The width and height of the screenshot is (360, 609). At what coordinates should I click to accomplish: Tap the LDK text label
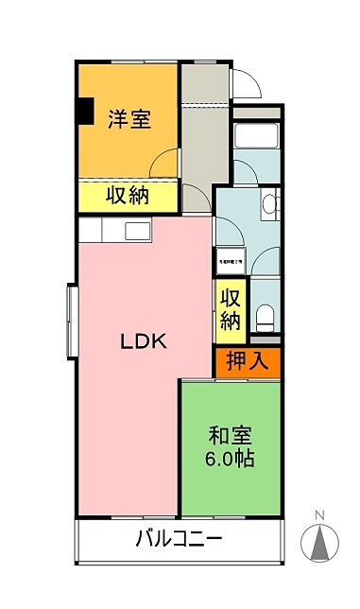click(143, 342)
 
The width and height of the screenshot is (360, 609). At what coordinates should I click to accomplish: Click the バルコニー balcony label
click(179, 541)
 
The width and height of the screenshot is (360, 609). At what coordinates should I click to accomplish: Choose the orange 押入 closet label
click(248, 360)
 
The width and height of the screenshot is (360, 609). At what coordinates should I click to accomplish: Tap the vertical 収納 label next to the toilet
click(231, 308)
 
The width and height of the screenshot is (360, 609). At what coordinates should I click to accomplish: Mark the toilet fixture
click(266, 315)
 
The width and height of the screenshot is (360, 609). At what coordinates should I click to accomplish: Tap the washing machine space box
click(231, 261)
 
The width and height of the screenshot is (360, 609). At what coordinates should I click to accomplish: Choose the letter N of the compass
click(319, 515)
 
